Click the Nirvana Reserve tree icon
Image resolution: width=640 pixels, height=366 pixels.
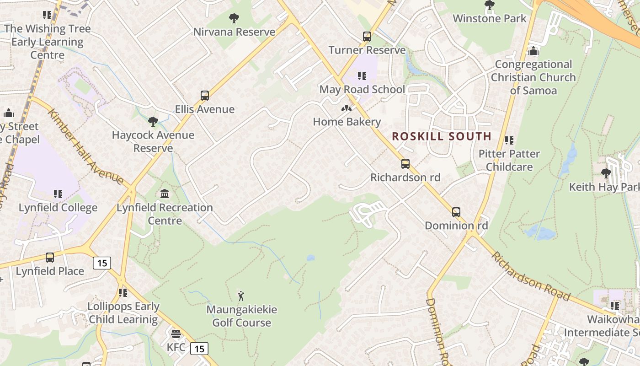click(x=234, y=18)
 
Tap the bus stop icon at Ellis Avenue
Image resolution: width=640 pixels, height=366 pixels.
click(x=205, y=96)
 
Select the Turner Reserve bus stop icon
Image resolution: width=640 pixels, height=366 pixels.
click(x=367, y=37)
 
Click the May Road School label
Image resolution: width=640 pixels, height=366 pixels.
click(x=362, y=89)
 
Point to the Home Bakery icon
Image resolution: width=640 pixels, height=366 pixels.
click(x=347, y=108)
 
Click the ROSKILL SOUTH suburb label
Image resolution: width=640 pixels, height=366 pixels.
click(x=442, y=136)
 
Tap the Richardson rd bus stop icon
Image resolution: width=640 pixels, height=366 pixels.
click(x=405, y=164)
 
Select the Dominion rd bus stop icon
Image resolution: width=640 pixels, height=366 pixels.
click(x=456, y=212)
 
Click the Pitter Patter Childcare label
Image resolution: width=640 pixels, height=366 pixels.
click(x=509, y=160)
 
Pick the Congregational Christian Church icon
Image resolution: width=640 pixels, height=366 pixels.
click(x=533, y=51)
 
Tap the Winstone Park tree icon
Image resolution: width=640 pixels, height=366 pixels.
click(x=489, y=5)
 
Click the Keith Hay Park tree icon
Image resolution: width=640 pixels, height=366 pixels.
click(x=606, y=173)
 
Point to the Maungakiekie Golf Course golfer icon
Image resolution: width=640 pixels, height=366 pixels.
click(x=241, y=296)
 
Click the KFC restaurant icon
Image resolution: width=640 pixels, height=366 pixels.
click(x=176, y=334)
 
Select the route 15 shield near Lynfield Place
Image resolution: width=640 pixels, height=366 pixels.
click(x=102, y=263)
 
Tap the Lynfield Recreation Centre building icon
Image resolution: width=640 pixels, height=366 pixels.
click(x=165, y=194)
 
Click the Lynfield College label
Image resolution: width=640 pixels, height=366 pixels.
click(x=58, y=208)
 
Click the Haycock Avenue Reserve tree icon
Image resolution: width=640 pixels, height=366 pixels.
click(x=153, y=122)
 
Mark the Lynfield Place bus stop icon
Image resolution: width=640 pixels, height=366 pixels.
click(x=50, y=258)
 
